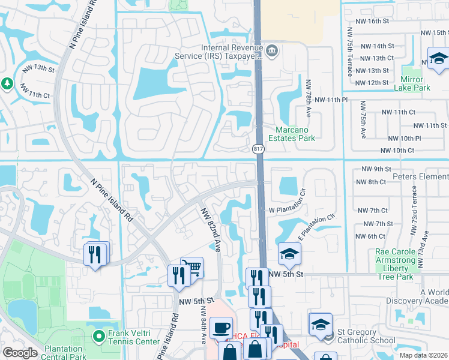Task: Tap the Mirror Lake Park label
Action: pyautogui.click(x=412, y=83)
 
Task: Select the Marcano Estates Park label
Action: pyautogui.click(x=295, y=133)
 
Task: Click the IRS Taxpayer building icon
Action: pyautogui.click(x=271, y=50)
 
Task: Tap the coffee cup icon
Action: pyautogui.click(x=221, y=328)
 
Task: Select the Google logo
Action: pyautogui.click(x=20, y=353)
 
